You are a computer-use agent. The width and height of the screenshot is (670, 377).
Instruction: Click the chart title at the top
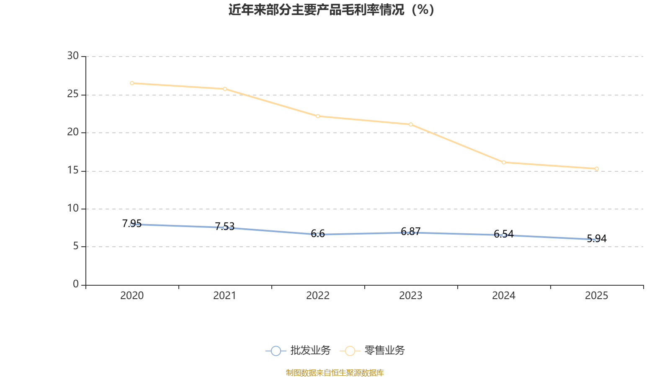[332, 10]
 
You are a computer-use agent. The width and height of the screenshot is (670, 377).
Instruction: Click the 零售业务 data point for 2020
[132, 83]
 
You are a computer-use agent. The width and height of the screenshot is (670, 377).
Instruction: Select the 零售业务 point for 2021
[225, 89]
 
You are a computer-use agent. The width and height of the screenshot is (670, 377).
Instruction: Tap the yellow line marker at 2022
[318, 116]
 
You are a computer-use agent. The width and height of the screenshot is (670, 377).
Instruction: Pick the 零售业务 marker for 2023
[411, 124]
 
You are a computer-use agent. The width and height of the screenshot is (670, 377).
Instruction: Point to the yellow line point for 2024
[504, 162]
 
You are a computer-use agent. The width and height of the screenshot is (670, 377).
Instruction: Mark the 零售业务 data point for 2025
[597, 169]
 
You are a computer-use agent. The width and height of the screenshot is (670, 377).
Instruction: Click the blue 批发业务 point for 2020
[132, 224]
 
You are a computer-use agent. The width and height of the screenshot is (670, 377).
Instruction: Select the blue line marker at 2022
[318, 235]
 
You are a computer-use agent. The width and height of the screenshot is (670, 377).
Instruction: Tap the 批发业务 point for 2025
[597, 240]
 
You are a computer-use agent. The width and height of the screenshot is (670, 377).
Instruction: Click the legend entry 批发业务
[298, 351]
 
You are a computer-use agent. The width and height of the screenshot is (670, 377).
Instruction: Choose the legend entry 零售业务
[372, 351]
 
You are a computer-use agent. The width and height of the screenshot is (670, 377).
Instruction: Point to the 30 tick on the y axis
[73, 56]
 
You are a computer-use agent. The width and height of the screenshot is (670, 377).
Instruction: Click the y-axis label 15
[73, 170]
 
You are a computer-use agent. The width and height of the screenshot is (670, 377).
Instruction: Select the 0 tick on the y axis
[76, 284]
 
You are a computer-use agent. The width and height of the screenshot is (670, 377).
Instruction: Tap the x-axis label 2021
[225, 296]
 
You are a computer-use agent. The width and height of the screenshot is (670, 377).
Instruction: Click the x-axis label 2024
[504, 296]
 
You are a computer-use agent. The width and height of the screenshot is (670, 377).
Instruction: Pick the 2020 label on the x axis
[132, 296]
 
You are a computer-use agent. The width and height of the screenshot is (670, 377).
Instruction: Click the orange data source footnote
[335, 372]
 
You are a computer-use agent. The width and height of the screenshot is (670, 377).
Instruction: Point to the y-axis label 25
[73, 94]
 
